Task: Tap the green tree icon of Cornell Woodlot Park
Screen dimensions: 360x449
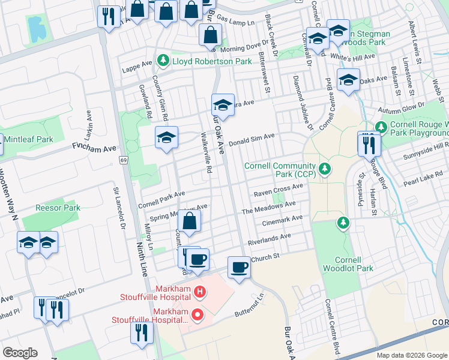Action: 343,223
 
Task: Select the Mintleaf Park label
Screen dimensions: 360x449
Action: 28,139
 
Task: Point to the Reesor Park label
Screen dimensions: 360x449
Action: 58,208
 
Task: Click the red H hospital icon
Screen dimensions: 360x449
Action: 200,292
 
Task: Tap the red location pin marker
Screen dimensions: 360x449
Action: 196,314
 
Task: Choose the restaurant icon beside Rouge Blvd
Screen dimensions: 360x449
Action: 367,145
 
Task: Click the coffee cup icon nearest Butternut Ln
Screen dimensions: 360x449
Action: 239,268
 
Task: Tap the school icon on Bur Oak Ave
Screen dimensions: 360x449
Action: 223,106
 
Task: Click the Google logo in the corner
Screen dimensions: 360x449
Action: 20,353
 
